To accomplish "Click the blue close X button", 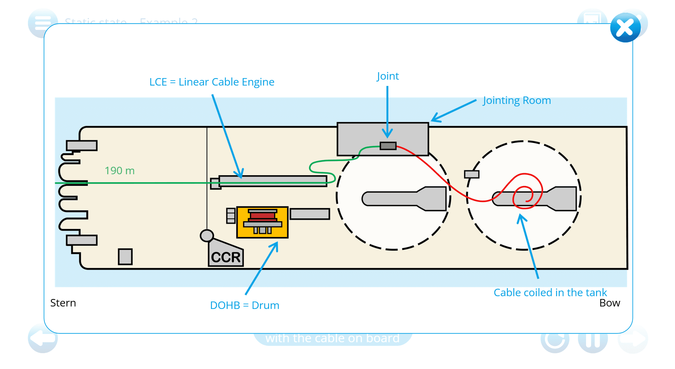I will [625, 28].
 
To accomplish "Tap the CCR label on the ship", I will [226, 257].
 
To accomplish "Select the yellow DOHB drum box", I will [262, 222].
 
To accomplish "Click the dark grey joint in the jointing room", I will [388, 146].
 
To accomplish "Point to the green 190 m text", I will [119, 170].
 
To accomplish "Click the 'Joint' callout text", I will [388, 76].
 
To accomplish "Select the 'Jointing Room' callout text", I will [517, 100].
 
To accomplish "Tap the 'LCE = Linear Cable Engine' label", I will [212, 82].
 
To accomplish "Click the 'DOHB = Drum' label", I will [244, 305].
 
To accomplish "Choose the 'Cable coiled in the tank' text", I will [550, 292].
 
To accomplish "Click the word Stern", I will [63, 303].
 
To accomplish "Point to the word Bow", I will [609, 303].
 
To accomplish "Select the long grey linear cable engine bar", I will [272, 180].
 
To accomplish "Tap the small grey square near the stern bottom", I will [125, 257].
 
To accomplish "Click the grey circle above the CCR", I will [207, 236].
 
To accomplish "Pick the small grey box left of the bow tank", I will [472, 174].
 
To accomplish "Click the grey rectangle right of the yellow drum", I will [310, 214].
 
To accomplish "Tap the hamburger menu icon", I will [43, 23].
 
